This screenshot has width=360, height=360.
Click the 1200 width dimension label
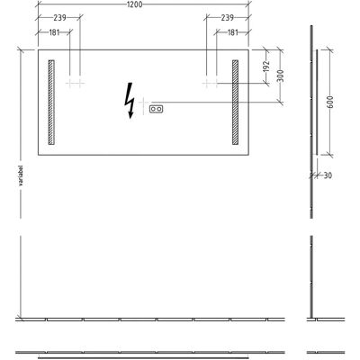click(134, 4)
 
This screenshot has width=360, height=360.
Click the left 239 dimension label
click(59, 18)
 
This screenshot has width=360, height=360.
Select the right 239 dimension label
click(227, 18)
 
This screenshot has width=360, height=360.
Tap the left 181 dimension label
click(54, 32)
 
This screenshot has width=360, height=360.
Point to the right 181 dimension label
click(233, 32)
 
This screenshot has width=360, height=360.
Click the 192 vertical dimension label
click(265, 67)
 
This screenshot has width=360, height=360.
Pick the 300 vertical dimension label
click(280, 76)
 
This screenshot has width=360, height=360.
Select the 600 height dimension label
click(329, 102)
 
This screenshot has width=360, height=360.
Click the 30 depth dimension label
click(328, 175)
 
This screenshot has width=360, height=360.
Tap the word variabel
click(21, 176)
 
